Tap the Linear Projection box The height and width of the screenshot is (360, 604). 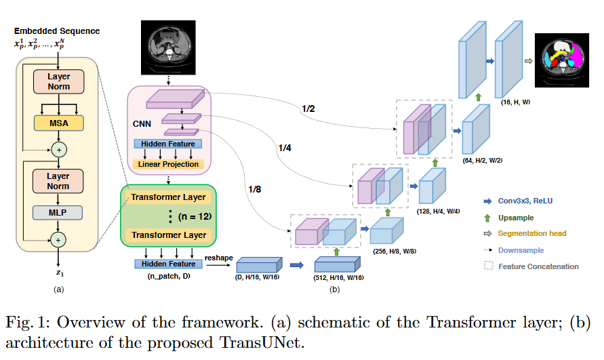pos(168,164)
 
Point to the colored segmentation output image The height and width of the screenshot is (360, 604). pos(563,61)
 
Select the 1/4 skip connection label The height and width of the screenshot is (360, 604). pos(285,147)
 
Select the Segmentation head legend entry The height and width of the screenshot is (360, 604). pos(531,233)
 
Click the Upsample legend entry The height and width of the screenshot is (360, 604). pos(515,218)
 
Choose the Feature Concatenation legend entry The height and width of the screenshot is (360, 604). pos(538,266)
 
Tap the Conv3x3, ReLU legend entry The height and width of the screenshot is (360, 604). pos(525,201)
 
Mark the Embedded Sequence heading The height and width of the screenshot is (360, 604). pos(57,31)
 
